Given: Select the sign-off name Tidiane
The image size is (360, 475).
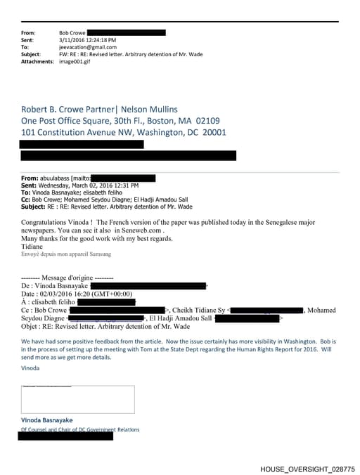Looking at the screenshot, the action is (x=33, y=246).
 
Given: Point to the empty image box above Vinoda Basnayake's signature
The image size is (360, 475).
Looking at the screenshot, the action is (x=77, y=399).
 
